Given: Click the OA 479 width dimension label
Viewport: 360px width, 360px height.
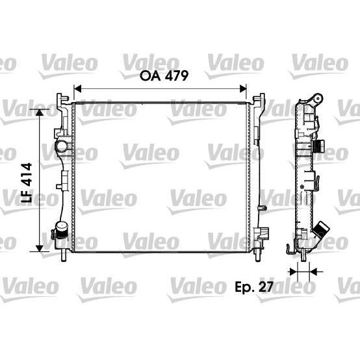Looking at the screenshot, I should click(x=164, y=77).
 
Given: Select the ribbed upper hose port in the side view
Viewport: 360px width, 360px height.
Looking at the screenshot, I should click(x=320, y=144).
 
